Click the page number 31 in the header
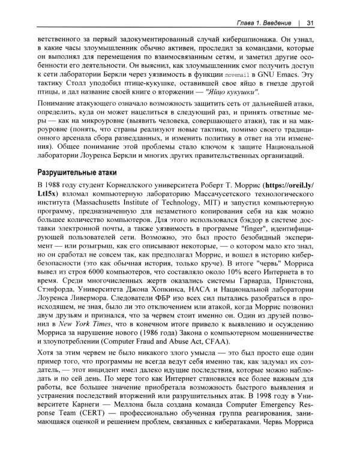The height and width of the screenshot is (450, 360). (x=311, y=23)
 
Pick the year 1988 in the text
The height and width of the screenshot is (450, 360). (x=59, y=184)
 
